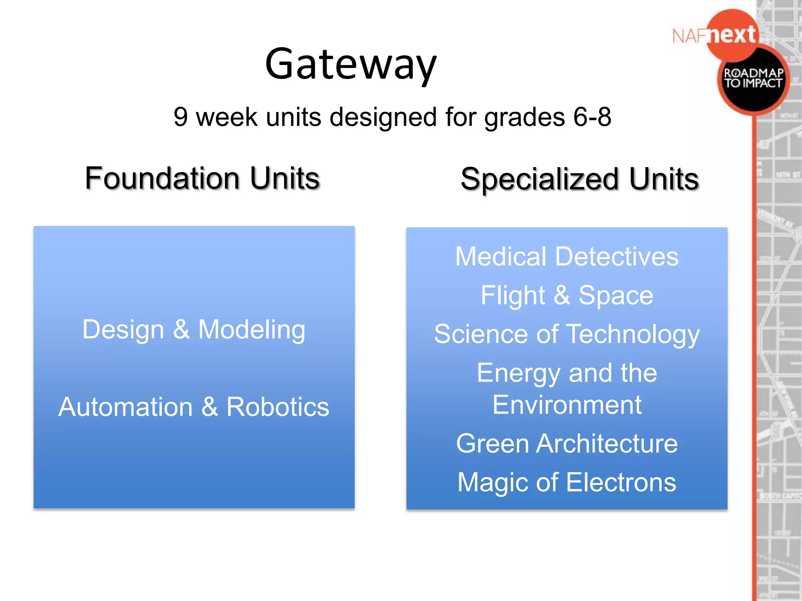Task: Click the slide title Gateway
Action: [350, 64]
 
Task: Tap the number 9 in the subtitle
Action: [181, 117]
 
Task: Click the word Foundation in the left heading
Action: [162, 178]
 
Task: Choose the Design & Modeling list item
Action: [194, 329]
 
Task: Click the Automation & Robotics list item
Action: [194, 407]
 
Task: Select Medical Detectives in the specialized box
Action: [567, 257]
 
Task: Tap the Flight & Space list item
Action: [567, 295]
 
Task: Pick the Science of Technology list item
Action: [567, 334]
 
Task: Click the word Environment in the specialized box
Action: [567, 405]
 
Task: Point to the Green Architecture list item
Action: [567, 444]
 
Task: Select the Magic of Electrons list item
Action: [567, 482]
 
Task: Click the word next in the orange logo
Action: [732, 35]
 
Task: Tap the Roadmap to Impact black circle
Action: [753, 80]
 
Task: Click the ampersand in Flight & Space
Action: [562, 295]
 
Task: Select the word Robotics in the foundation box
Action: [278, 407]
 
